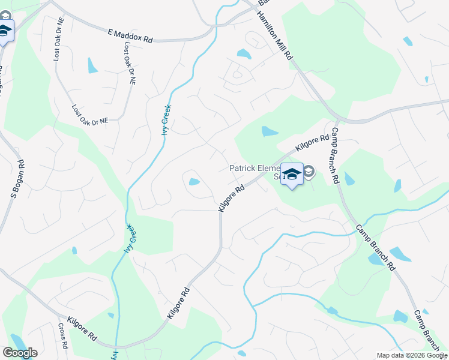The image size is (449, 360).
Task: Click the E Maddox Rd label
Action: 130,37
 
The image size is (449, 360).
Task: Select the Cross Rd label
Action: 63,339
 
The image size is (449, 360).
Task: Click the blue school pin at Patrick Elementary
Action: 292,175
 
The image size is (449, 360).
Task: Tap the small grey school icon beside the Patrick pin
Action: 309,173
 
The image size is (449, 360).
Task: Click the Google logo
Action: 20,353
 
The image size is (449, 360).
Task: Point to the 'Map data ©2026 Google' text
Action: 411,355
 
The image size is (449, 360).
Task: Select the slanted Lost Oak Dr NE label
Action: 90,115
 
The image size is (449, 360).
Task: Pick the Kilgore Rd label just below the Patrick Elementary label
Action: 231,197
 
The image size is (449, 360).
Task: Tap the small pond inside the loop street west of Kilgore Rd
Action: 194,182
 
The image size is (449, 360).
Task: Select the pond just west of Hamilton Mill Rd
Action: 244,54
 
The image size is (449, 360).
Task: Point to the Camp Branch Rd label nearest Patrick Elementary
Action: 334,155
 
